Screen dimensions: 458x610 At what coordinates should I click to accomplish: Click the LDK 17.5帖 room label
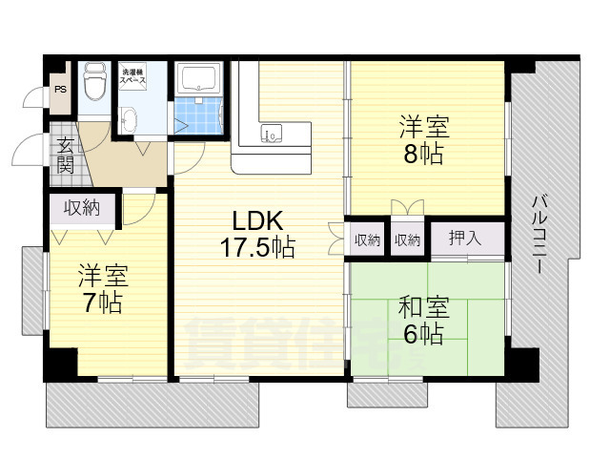coord(256,234)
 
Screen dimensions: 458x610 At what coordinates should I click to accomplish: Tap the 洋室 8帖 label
coord(423,140)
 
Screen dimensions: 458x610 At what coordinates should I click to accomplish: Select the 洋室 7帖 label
coord(102,290)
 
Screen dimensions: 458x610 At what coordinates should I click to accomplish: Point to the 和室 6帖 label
coord(423,321)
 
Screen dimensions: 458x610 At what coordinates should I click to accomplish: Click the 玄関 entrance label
coord(65,155)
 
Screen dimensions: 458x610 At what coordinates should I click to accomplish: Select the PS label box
coord(60,91)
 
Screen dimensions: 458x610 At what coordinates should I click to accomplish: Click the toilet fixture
coord(94,84)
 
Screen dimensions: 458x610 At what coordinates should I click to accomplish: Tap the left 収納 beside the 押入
coord(368,239)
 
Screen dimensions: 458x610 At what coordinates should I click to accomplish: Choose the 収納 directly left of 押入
coord(407,239)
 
